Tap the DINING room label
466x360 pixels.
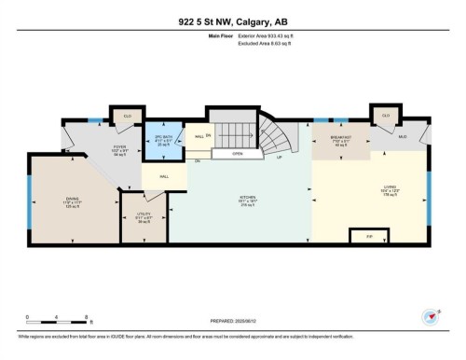click(72, 199)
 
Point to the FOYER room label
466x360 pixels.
click(119, 147)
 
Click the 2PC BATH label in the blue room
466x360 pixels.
click(164, 141)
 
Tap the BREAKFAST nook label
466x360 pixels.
click(345, 139)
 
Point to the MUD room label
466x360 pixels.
click(403, 137)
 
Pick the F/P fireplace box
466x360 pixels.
click(369, 238)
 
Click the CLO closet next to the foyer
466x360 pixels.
click(128, 118)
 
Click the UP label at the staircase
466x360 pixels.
click(279, 157)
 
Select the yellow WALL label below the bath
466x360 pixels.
click(163, 176)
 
